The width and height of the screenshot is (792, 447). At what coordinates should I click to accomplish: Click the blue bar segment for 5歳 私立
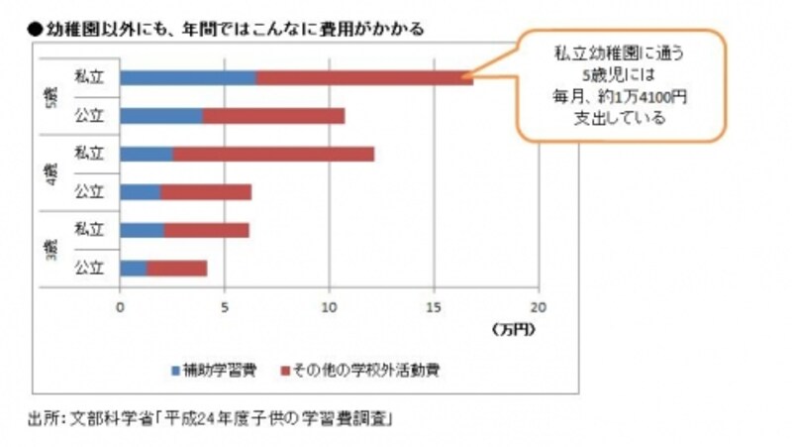click(188, 77)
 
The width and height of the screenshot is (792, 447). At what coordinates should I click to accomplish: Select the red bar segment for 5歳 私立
click(364, 77)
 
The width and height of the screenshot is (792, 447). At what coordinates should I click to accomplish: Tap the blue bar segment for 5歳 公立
click(161, 116)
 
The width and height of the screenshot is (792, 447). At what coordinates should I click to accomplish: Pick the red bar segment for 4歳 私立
click(273, 154)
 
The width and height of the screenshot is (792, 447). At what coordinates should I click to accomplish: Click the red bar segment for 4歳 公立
click(206, 191)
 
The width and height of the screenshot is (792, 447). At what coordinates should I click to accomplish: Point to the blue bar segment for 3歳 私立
click(143, 230)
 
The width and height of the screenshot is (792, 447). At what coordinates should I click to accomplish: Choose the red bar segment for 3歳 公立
click(177, 268)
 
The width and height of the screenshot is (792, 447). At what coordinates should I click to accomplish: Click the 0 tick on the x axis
click(120, 306)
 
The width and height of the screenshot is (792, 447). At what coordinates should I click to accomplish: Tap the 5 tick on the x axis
click(225, 306)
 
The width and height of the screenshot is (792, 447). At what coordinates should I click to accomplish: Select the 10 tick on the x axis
click(329, 306)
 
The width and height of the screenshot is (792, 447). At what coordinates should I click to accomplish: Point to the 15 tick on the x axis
click(434, 306)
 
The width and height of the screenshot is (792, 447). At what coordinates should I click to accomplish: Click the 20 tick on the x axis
click(539, 306)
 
